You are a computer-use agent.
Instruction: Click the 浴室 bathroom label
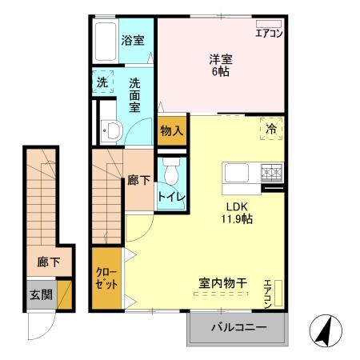click(133, 40)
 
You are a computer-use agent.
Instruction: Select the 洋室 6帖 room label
click(221, 63)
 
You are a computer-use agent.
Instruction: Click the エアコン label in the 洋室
click(268, 33)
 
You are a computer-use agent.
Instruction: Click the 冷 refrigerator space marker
click(270, 127)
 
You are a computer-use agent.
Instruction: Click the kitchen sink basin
click(238, 173)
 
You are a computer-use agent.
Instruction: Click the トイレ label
click(170, 196)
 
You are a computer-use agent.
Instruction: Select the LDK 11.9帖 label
click(238, 212)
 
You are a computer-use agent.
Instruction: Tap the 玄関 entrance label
click(42, 294)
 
